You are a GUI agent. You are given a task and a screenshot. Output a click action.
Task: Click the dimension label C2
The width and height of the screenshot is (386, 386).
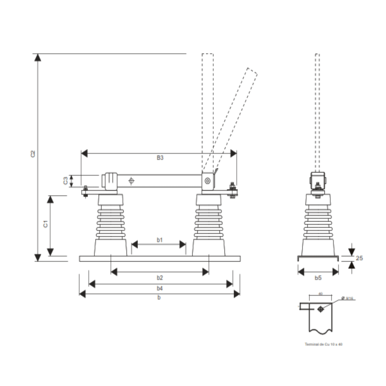click(33, 154)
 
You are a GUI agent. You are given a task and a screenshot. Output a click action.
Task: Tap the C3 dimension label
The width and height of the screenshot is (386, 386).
click(66, 181)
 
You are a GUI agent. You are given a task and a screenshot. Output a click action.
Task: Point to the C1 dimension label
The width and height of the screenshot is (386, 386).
click(45, 224)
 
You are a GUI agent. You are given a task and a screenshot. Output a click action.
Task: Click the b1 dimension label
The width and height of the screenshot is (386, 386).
click(160, 240)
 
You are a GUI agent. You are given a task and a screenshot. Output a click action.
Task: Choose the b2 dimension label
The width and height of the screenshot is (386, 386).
click(160, 278)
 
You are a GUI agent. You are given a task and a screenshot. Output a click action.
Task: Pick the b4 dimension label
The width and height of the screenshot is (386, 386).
click(160, 288)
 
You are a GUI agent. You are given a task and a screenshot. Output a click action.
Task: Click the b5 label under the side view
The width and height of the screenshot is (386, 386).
click(318, 278)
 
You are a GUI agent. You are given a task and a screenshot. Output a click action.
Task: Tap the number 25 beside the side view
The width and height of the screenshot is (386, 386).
click(359, 258)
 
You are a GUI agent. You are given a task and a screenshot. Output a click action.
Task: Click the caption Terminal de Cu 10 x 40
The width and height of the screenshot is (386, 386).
click(323, 344)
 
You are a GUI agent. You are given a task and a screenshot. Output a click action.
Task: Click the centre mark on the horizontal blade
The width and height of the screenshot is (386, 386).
click(131, 181)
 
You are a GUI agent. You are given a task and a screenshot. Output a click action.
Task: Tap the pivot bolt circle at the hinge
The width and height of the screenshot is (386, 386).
click(207, 182)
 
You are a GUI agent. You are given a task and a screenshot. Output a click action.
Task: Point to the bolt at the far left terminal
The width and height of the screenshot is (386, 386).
click(85, 192)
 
